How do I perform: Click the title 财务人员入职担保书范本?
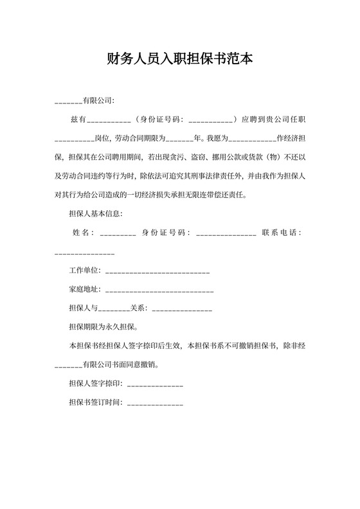pos(180,60)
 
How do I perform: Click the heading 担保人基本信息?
pos(95,213)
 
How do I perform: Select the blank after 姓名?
pos(118,233)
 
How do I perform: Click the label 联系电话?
pos(281,232)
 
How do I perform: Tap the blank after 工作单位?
pos(157,272)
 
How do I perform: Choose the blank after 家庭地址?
pos(158,290)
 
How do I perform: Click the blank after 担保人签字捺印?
pos(155,385)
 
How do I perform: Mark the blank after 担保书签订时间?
pos(155,404)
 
